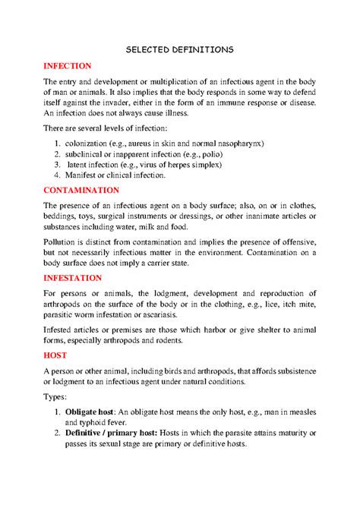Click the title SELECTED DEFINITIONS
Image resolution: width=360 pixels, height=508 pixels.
179,49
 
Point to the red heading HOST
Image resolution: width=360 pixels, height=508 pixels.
55,355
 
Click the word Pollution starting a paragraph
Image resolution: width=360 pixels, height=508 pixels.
62,239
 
